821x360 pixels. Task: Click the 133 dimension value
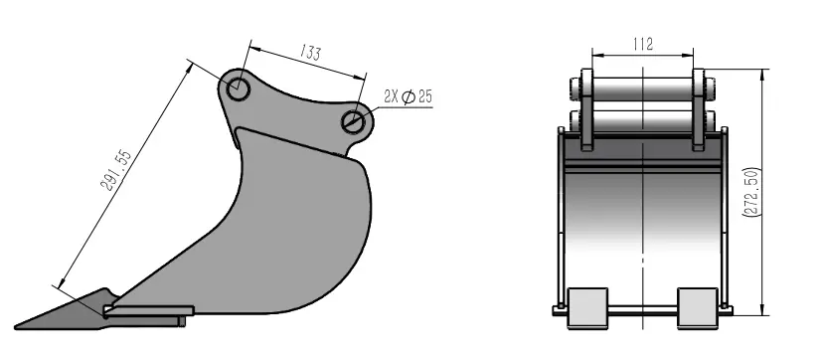point(310,54)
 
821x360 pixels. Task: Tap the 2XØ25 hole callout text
point(407,97)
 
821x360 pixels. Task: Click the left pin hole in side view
point(237,90)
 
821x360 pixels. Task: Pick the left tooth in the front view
point(587,306)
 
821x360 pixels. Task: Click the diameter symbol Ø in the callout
point(410,97)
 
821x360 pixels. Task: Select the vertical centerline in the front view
point(647,219)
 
